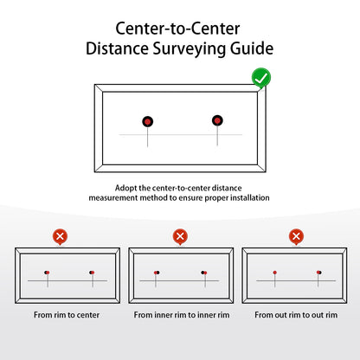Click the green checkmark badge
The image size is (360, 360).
coord(260,80)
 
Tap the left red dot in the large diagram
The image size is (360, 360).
coord(148,121)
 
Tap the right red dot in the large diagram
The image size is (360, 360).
coord(216,120)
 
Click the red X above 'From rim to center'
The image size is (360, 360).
coord(60,235)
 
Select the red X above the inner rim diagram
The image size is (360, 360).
coord(179,235)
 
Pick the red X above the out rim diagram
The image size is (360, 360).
coord(296,235)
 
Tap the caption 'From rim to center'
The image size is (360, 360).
coord(67,315)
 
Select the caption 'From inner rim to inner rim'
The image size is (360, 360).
coord(181,315)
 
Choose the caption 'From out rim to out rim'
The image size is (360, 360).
coord(293,315)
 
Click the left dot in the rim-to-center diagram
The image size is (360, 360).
coord(46,273)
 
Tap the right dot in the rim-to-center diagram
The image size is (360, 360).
coord(91,273)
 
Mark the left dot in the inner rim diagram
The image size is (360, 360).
coord(157,273)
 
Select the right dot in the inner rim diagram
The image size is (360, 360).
coord(203,273)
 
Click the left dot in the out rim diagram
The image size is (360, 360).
coord(275,273)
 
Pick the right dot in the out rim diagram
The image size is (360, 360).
coord(318,273)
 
